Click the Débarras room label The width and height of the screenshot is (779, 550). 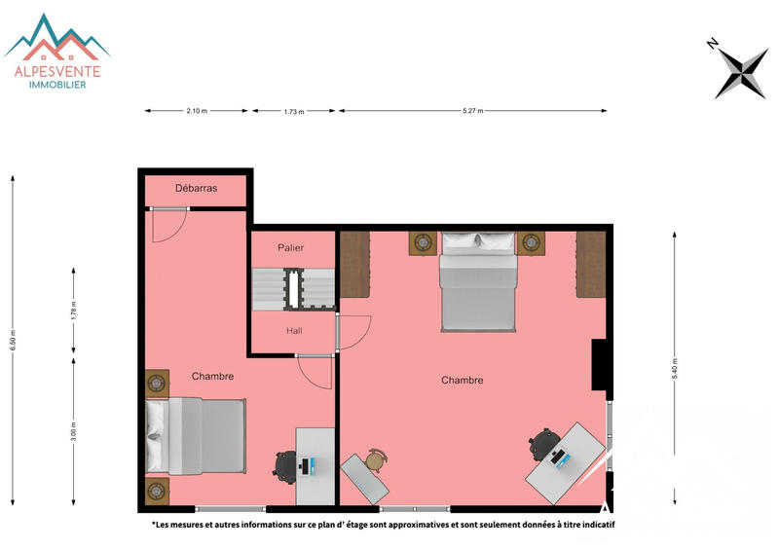pyautogui.click(x=196, y=188)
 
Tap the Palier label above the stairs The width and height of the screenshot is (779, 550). pyautogui.click(x=291, y=248)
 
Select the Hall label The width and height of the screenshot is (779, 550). pyautogui.click(x=294, y=331)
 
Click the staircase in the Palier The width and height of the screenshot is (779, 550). pyautogui.click(x=293, y=288)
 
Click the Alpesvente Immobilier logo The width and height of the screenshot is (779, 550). pyautogui.click(x=57, y=54)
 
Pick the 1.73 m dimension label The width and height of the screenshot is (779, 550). pyautogui.click(x=294, y=112)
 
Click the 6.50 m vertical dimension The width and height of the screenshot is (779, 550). pyautogui.click(x=14, y=341)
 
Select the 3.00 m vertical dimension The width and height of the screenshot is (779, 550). pyautogui.click(x=74, y=431)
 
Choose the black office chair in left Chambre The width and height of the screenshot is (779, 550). pyautogui.click(x=285, y=464)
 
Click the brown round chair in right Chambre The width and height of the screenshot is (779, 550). pyautogui.click(x=376, y=460)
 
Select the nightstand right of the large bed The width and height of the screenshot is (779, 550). pyautogui.click(x=531, y=242)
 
